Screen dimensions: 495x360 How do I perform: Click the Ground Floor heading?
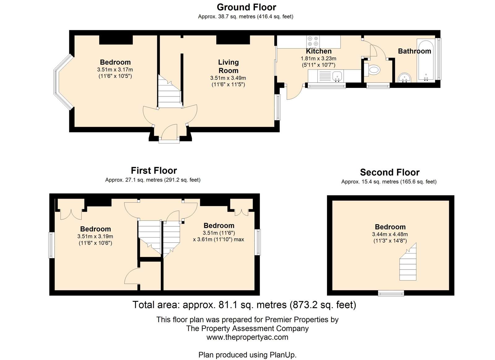(246, 7)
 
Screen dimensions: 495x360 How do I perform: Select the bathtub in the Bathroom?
(426, 60)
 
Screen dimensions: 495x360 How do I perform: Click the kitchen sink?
(337, 76)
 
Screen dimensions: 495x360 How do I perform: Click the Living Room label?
(228, 66)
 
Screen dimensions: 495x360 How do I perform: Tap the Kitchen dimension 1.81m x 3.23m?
(318, 58)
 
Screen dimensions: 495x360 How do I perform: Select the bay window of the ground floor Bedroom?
(63, 82)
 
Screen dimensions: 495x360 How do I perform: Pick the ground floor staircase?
(170, 91)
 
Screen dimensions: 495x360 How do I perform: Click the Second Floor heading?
(390, 172)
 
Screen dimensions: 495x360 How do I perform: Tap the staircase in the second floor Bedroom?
(408, 262)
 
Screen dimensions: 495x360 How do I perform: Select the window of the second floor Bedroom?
(391, 293)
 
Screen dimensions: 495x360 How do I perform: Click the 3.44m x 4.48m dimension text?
(390, 234)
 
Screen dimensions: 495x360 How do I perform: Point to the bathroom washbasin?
(405, 78)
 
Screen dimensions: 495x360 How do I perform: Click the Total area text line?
(244, 305)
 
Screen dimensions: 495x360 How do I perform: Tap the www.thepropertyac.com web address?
(247, 337)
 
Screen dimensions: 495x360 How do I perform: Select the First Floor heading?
(154, 170)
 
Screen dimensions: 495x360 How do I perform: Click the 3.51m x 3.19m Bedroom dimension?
(95, 236)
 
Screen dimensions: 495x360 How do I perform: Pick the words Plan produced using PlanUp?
(247, 355)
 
